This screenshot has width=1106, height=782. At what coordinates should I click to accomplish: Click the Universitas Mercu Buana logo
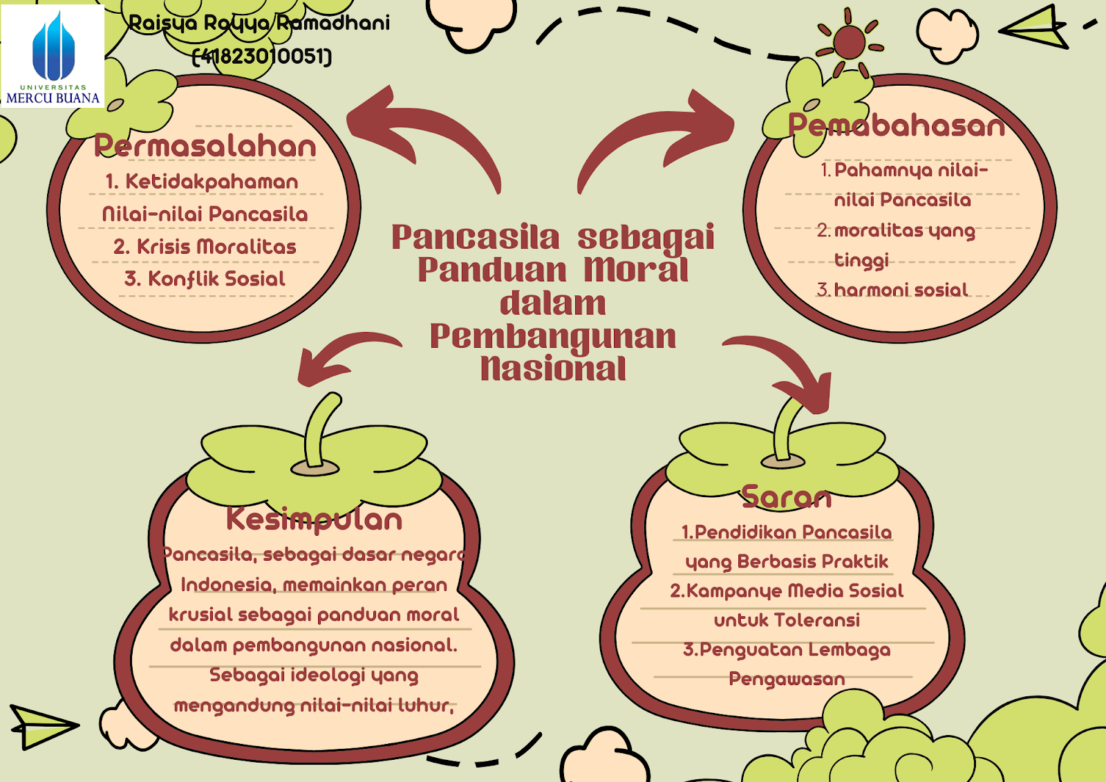53,56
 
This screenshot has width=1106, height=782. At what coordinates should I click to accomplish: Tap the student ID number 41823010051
262,56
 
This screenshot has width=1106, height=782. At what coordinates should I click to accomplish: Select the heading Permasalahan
205,146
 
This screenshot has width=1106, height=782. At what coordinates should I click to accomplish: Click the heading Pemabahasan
897,126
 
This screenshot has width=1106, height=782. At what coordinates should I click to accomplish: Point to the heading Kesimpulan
314,519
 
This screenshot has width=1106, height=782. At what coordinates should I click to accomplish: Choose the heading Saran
787,496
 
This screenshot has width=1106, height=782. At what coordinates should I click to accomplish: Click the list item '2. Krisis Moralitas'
205,246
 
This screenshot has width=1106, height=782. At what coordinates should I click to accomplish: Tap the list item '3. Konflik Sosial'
205,279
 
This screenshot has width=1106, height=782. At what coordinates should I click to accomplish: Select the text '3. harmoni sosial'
892,290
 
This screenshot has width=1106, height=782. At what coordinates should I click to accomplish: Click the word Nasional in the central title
553,369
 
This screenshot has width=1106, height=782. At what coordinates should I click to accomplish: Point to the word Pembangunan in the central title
553,336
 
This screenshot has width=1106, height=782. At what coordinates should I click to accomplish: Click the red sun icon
849,42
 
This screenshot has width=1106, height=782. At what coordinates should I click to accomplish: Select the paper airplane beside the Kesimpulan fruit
41,725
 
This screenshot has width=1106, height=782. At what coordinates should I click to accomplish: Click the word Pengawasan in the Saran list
787,679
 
